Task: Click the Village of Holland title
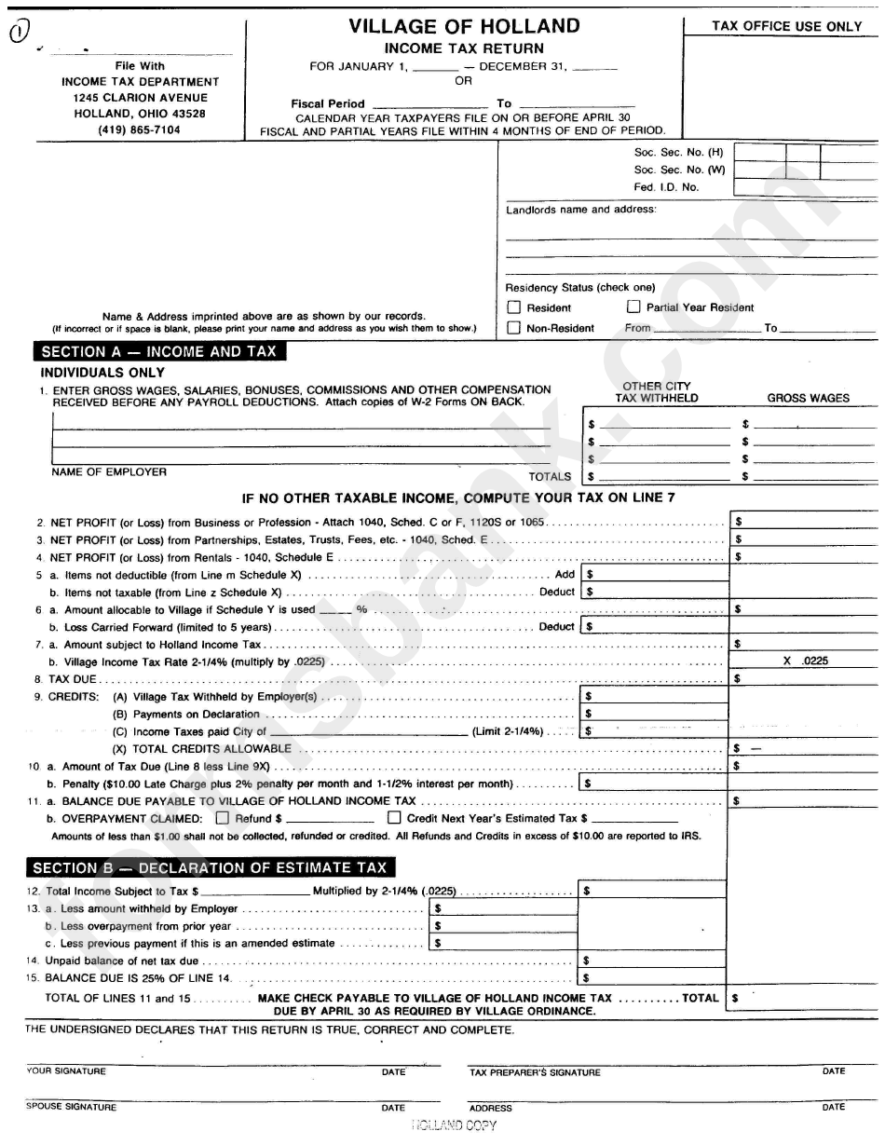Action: click(x=464, y=26)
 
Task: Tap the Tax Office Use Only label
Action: click(x=787, y=26)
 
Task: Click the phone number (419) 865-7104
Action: click(x=140, y=130)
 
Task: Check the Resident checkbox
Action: click(x=514, y=307)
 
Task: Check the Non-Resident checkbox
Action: click(x=514, y=328)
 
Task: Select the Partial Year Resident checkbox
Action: click(x=633, y=307)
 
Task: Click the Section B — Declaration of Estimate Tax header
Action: click(x=210, y=867)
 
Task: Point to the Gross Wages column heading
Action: click(x=808, y=398)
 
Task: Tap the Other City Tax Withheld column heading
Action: click(x=656, y=392)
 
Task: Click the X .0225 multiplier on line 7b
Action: click(x=805, y=661)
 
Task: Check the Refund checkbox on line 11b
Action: click(x=222, y=818)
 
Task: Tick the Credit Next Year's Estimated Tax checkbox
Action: click(x=394, y=818)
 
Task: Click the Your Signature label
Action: click(x=66, y=1071)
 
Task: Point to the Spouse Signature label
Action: click(x=72, y=1107)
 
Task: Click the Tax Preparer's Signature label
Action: click(x=535, y=1072)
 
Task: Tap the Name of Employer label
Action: click(x=109, y=471)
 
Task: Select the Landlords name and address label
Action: click(x=580, y=210)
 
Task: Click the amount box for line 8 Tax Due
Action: click(x=803, y=679)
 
